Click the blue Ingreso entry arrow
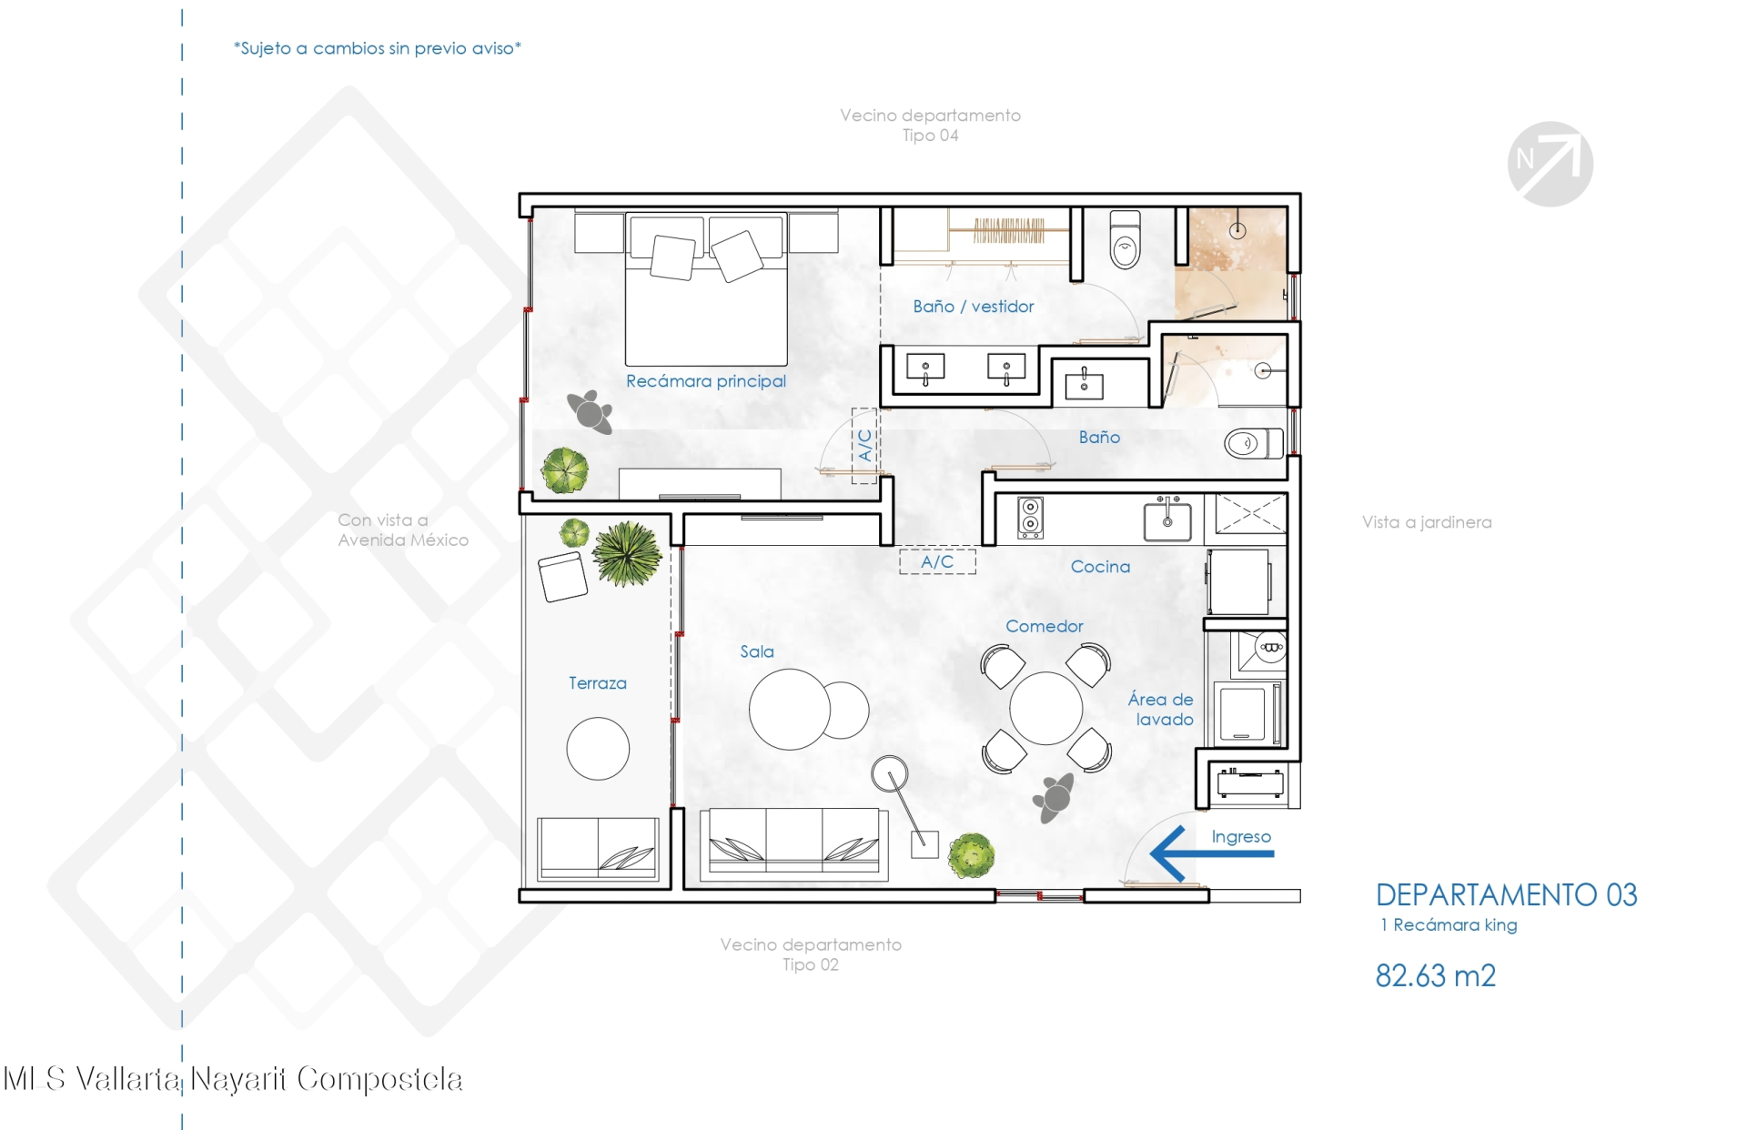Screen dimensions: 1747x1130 (1212, 853)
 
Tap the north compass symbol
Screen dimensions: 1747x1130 (1550, 164)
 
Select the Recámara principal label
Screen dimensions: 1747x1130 (706, 381)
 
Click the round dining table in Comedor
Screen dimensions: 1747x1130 (1046, 708)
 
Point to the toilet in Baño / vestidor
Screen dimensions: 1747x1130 (1126, 239)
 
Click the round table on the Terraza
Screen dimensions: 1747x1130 (598, 749)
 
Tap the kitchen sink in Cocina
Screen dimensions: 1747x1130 (1167, 520)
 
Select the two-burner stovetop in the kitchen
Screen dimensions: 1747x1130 (1030, 517)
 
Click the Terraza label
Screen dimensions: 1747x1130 (598, 683)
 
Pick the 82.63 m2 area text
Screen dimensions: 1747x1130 (1436, 975)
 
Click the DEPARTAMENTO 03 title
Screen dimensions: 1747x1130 (1507, 894)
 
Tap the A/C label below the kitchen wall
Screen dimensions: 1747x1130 (937, 561)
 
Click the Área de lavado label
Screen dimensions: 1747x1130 (1161, 709)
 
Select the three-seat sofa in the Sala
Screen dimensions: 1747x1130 (793, 844)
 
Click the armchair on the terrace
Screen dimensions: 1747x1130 (563, 576)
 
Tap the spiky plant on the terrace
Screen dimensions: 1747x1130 (627, 552)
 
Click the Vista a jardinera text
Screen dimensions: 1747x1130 (1427, 522)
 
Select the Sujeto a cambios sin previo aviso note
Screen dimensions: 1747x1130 (378, 48)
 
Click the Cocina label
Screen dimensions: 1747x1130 (1100, 567)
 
